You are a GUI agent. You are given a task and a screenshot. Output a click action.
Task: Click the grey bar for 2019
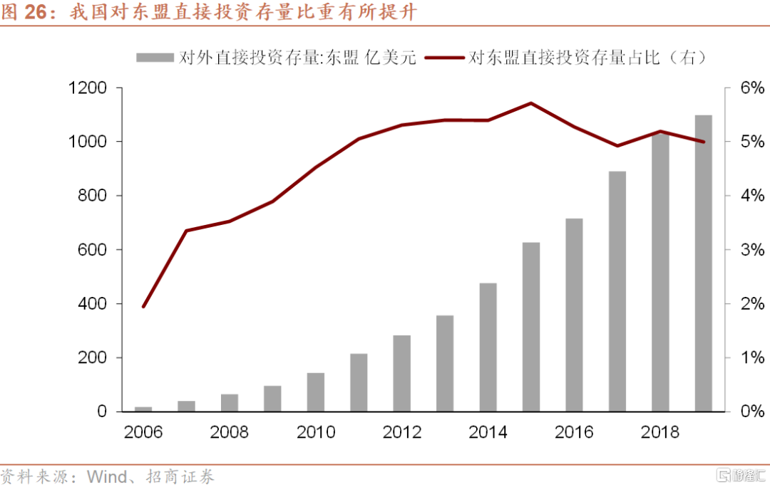click(703, 263)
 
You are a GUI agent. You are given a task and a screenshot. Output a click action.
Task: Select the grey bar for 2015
click(530, 327)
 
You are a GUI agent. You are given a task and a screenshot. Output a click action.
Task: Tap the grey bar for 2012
click(401, 373)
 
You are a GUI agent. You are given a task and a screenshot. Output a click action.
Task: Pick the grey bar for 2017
click(617, 291)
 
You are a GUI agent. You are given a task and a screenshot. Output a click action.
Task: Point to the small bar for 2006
click(143, 409)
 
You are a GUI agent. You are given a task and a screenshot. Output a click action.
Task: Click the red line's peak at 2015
click(530, 103)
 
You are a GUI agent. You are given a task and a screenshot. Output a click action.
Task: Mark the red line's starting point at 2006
click(143, 307)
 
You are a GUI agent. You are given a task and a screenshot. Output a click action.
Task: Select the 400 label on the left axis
click(92, 304)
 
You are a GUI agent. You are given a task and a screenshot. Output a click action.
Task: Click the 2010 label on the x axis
click(316, 432)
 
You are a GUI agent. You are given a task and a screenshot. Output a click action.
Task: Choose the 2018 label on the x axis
click(659, 432)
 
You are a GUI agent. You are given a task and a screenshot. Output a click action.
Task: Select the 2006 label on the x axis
click(143, 432)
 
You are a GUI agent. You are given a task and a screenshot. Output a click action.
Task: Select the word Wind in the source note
click(106, 476)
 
